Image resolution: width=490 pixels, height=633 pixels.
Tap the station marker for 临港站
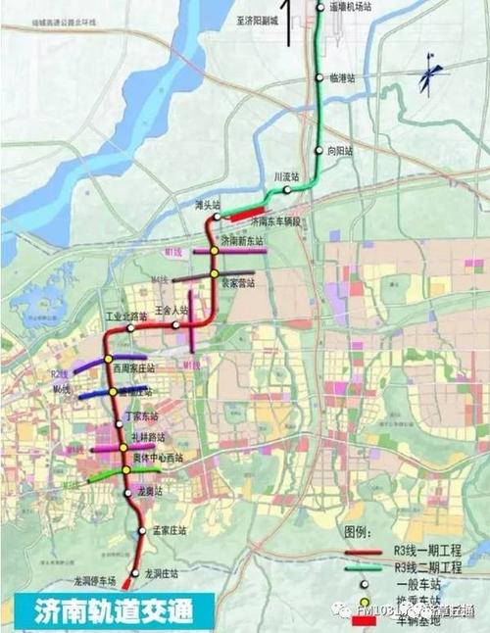click(x=319, y=77)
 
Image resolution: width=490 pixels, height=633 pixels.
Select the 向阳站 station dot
click(x=318, y=151)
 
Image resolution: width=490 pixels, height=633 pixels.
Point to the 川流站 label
click(x=284, y=177)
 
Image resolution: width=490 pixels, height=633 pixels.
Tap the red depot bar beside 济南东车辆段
click(x=247, y=212)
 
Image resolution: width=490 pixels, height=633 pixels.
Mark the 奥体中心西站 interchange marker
click(x=125, y=470)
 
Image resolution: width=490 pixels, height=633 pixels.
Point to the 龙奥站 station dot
click(x=128, y=493)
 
